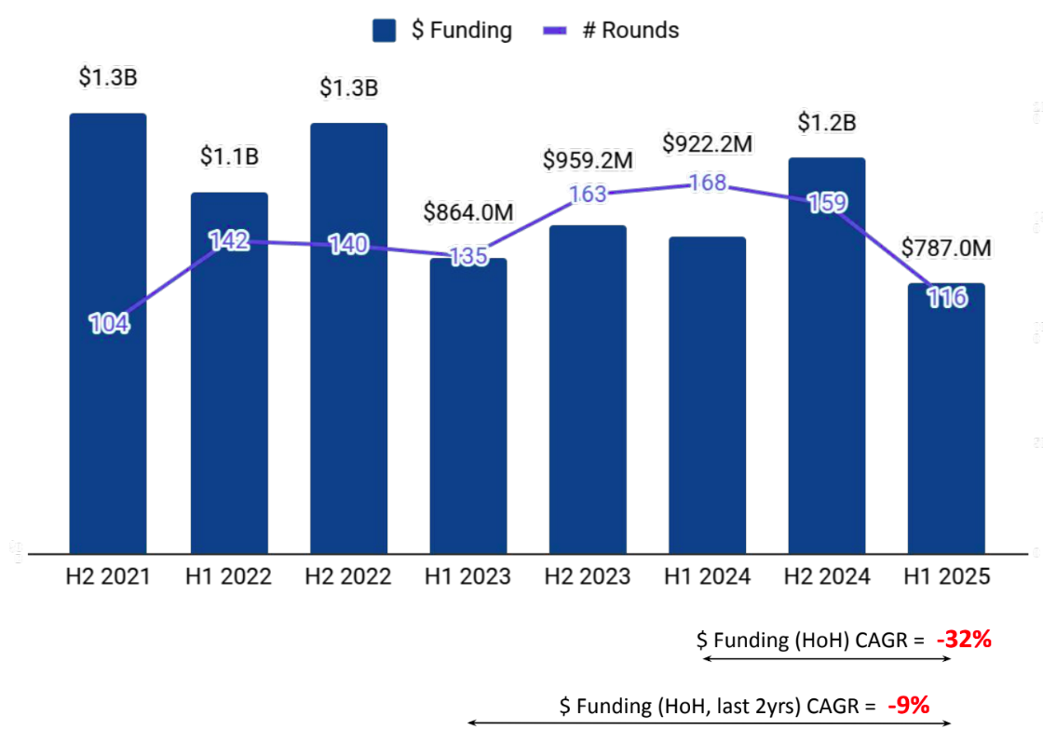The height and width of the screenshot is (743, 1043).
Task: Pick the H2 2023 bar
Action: click(x=588, y=391)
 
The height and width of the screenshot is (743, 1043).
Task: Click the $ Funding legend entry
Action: click(x=442, y=30)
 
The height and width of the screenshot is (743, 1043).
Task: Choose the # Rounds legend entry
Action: click(x=611, y=30)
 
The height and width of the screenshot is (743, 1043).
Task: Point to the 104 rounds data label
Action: click(x=109, y=324)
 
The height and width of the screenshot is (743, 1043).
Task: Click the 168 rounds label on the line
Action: click(x=708, y=183)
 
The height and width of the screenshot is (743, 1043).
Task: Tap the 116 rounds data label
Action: click(x=947, y=298)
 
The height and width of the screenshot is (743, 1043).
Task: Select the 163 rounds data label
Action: click(x=588, y=195)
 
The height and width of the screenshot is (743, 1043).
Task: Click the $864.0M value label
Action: click(x=468, y=212)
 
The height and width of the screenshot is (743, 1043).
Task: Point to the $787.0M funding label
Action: click(x=946, y=248)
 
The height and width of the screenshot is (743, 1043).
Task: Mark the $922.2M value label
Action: click(x=708, y=144)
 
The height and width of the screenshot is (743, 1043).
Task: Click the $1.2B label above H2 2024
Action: click(x=827, y=122)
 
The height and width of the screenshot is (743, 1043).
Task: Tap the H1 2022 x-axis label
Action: click(x=228, y=577)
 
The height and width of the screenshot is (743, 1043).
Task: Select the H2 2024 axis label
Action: click(x=827, y=577)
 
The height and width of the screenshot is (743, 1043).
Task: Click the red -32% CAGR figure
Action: click(x=964, y=641)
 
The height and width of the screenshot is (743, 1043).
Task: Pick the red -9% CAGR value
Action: click(x=908, y=706)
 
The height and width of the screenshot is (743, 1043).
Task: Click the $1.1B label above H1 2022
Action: click(x=229, y=156)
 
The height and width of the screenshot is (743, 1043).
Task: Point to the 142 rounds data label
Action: click(x=229, y=241)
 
